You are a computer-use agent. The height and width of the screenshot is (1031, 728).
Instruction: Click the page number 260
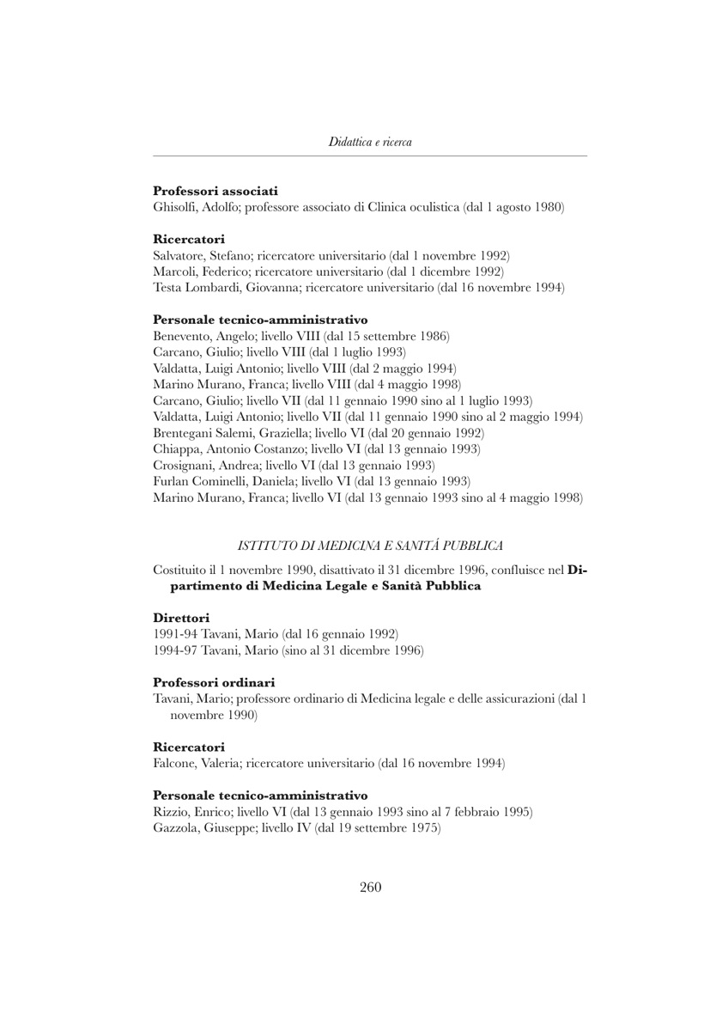pos(370,888)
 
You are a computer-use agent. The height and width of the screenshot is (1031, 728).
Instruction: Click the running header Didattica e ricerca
pos(370,142)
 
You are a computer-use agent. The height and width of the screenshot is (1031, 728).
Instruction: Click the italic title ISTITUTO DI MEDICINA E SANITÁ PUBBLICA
pos(370,545)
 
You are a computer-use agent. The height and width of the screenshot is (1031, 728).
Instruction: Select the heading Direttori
pos(181,618)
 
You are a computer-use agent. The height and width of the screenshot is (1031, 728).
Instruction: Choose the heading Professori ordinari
pos(214,682)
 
